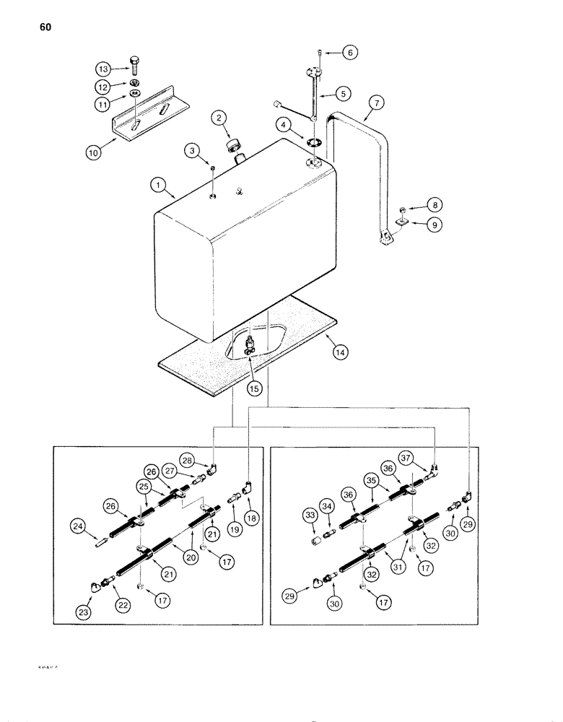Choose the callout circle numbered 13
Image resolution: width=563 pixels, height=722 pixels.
tap(104, 69)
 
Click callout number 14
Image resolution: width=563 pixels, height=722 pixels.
tap(340, 352)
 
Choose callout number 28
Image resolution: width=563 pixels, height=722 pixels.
tap(207, 460)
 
